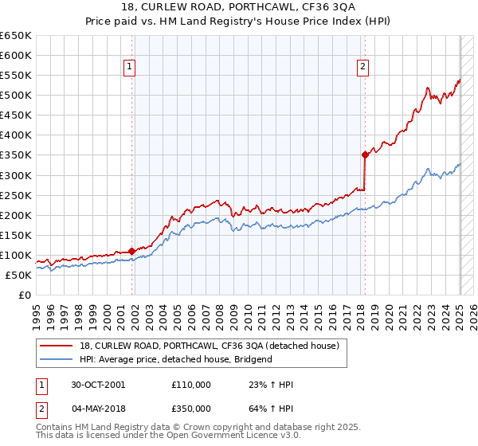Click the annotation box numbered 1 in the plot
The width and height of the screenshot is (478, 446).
click(129, 68)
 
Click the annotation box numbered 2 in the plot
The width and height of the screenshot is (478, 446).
click(362, 68)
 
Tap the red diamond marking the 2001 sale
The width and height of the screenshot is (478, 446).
click(131, 251)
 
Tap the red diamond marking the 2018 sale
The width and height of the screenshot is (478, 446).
click(365, 155)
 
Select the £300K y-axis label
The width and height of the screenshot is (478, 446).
click(16, 175)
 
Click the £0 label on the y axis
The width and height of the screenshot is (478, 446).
click(25, 295)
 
